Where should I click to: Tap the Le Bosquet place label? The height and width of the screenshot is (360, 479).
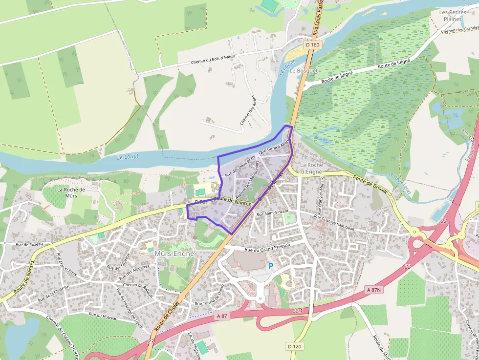click(x=304, y=70)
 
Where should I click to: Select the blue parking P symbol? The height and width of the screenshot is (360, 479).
click(x=271, y=267)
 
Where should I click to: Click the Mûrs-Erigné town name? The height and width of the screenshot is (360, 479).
click(x=174, y=254)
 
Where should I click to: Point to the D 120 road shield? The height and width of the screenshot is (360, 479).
click(x=294, y=346)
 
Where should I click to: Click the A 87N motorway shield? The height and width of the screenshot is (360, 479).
click(x=374, y=290)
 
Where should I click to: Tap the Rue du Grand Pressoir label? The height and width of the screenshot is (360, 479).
click(x=267, y=248)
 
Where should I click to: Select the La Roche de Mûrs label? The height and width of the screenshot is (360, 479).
click(x=71, y=193)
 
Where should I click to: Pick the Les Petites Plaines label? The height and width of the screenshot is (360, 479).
click(x=450, y=15)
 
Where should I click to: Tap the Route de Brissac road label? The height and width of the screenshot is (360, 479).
click(x=370, y=183)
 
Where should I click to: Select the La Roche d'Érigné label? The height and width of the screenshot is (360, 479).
click(x=311, y=168)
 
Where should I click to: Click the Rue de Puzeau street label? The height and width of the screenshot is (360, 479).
click(x=29, y=244)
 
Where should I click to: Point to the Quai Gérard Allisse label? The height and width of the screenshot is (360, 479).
click(x=275, y=148)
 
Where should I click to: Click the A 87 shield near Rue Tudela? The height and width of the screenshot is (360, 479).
click(x=222, y=316)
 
